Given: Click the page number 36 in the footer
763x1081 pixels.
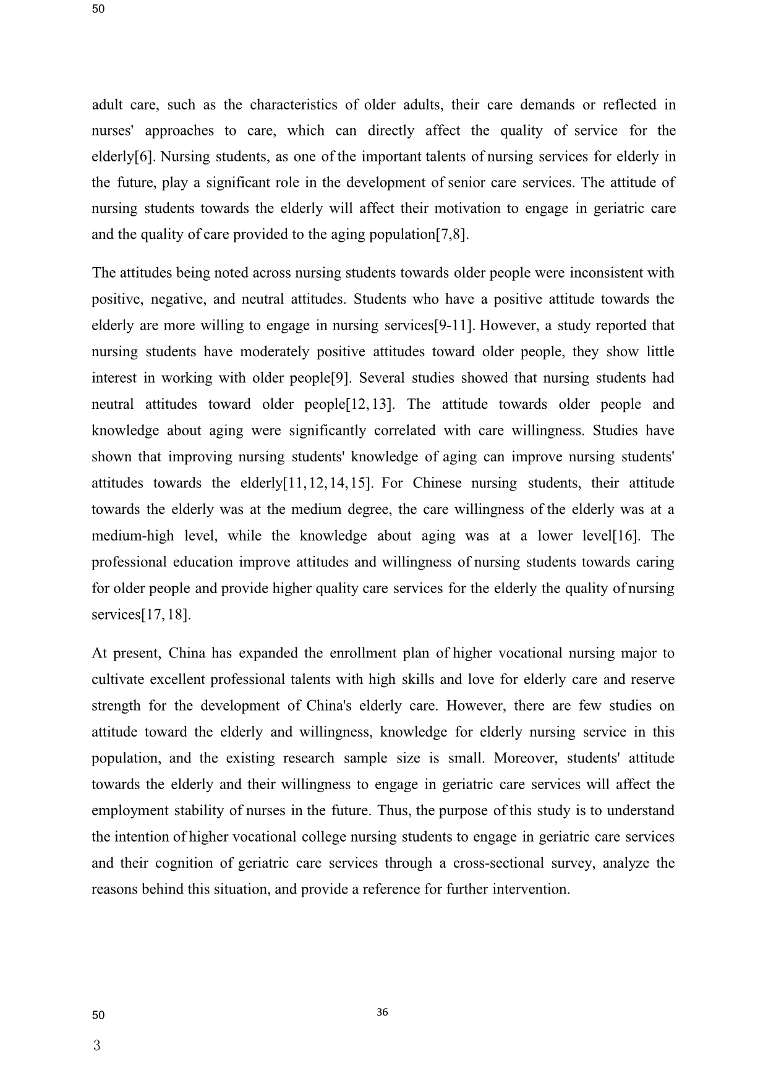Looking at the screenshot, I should [382, 1012].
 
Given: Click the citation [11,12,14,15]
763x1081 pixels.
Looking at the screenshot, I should [327, 484].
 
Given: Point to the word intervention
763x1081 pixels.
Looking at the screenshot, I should [531, 890].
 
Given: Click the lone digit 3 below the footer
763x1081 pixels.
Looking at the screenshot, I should [96, 1046].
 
